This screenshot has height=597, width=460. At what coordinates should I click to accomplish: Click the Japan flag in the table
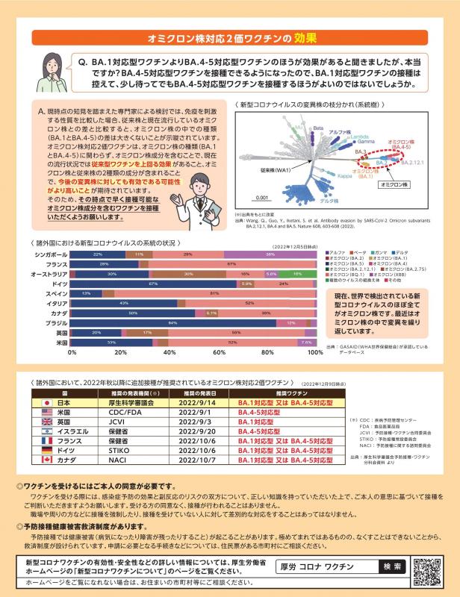point(45,401)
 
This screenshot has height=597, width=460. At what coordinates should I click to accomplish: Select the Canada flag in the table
point(45,460)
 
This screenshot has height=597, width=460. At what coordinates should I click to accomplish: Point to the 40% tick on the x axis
point(170,351)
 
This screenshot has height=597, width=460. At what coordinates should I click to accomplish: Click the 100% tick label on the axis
point(314,351)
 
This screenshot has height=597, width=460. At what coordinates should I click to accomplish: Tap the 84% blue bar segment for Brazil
point(173,322)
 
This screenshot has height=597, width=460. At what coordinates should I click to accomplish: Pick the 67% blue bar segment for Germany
point(153,284)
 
